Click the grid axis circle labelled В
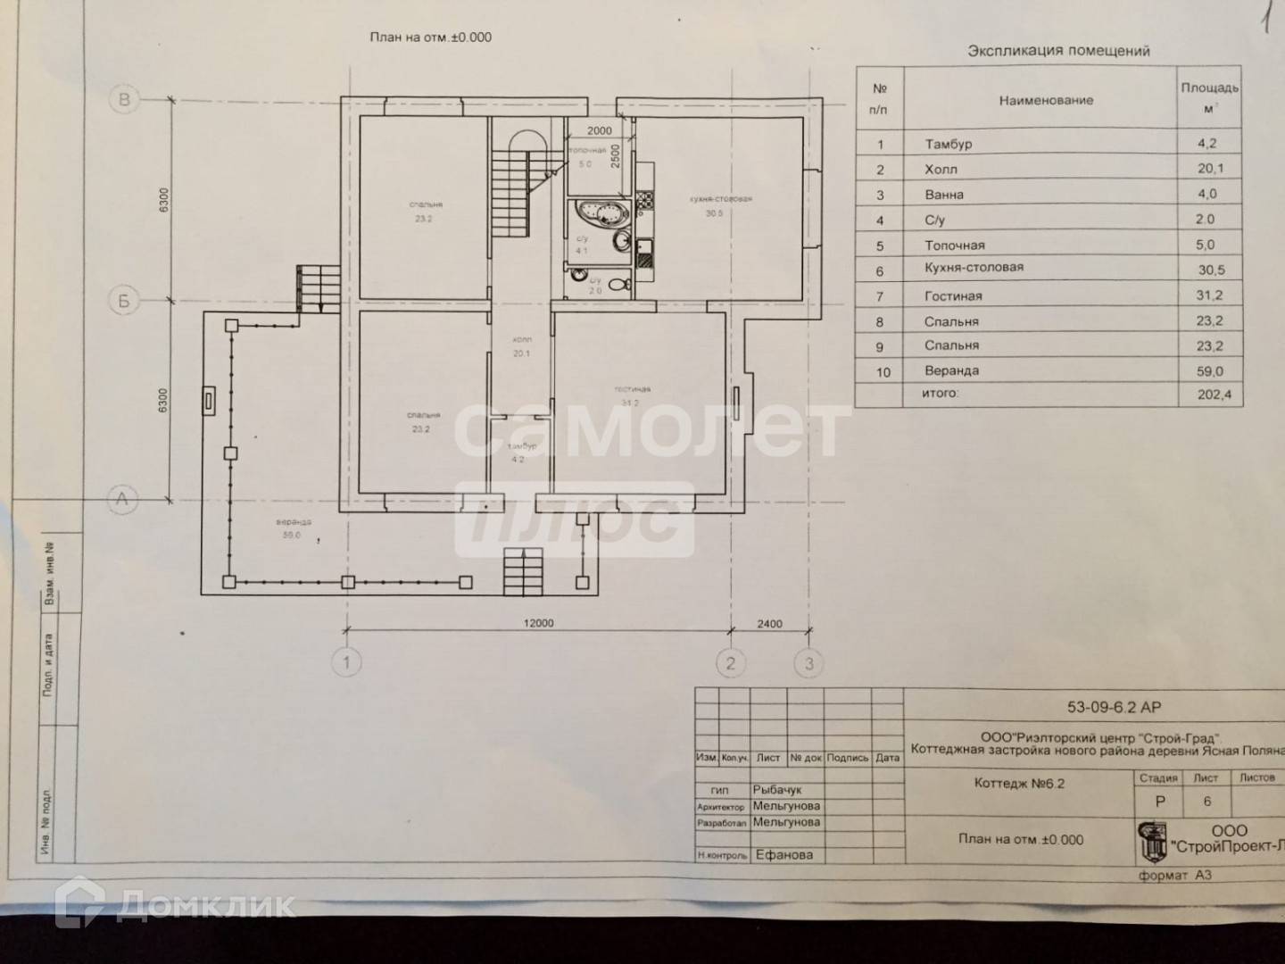125,99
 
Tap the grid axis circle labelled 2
731,662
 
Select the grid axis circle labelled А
123,500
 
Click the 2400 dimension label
769,624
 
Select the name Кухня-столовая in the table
974,268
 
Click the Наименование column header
1046,101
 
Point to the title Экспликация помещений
1058,52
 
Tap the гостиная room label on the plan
632,389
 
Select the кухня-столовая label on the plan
720,199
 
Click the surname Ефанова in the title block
783,855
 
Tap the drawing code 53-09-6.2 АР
1115,708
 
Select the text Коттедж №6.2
1019,785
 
